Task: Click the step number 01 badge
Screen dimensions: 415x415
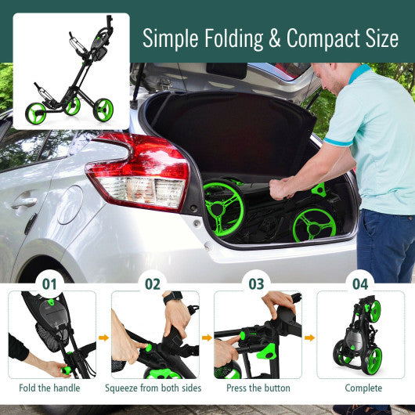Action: click(50, 283)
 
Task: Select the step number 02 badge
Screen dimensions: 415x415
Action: click(152, 283)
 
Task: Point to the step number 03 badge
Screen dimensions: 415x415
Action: click(257, 283)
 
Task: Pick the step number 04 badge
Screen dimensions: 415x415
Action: click(360, 283)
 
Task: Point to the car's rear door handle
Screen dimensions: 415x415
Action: click(23, 201)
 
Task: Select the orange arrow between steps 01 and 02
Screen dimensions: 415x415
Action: click(103, 338)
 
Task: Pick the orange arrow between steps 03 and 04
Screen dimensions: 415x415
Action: click(309, 338)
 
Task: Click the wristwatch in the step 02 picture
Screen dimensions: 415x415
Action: click(174, 297)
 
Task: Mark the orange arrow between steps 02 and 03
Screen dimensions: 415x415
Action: click(206, 338)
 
